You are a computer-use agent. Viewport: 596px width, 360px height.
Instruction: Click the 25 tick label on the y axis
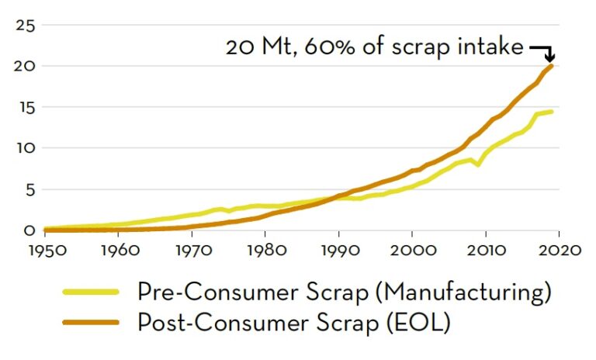pyautogui.click(x=26, y=25)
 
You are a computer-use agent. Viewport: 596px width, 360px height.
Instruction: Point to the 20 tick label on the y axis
pyautogui.click(x=26, y=66)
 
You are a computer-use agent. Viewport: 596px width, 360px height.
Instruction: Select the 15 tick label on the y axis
pyautogui.click(x=26, y=107)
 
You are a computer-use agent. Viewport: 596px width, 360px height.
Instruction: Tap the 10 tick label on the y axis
pyautogui.click(x=26, y=148)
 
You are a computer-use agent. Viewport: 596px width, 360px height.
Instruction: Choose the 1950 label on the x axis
pyautogui.click(x=45, y=251)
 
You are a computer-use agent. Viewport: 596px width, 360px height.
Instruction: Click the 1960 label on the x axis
pyautogui.click(x=118, y=251)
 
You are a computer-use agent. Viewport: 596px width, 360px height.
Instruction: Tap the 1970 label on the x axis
pyautogui.click(x=192, y=251)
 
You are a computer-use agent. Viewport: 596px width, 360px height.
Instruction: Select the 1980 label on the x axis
pyautogui.click(x=265, y=251)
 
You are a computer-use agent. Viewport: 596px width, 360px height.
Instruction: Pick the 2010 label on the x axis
pyautogui.click(x=485, y=251)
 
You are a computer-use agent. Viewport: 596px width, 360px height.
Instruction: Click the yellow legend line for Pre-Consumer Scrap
pyautogui.click(x=91, y=292)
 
